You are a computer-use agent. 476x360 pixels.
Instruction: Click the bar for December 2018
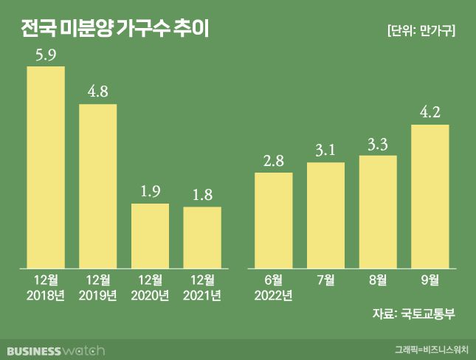click(x=46, y=167)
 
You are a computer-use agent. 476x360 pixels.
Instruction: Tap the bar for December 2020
click(x=150, y=235)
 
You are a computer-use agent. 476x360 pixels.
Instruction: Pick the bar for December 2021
click(x=202, y=237)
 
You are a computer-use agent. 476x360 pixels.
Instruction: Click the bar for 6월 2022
click(x=273, y=220)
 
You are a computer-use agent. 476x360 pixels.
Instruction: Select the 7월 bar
click(x=325, y=215)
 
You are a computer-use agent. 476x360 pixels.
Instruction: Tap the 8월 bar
click(x=378, y=211)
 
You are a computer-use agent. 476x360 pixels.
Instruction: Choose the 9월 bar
click(x=430, y=195)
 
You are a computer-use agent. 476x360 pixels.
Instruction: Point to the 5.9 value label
click(x=46, y=55)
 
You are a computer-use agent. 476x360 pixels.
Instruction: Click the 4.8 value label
click(x=97, y=92)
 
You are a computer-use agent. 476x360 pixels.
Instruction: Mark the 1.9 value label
click(x=150, y=191)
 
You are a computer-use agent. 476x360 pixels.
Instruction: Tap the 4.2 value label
click(x=430, y=112)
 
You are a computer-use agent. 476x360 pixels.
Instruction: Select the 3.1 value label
click(x=325, y=150)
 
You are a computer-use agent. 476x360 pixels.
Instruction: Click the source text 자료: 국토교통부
click(x=414, y=314)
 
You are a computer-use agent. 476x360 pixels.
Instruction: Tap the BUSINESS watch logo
click(x=56, y=349)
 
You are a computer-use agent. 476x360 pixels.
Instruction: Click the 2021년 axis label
click(x=202, y=296)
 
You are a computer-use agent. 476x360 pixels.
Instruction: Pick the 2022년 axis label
click(x=273, y=296)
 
